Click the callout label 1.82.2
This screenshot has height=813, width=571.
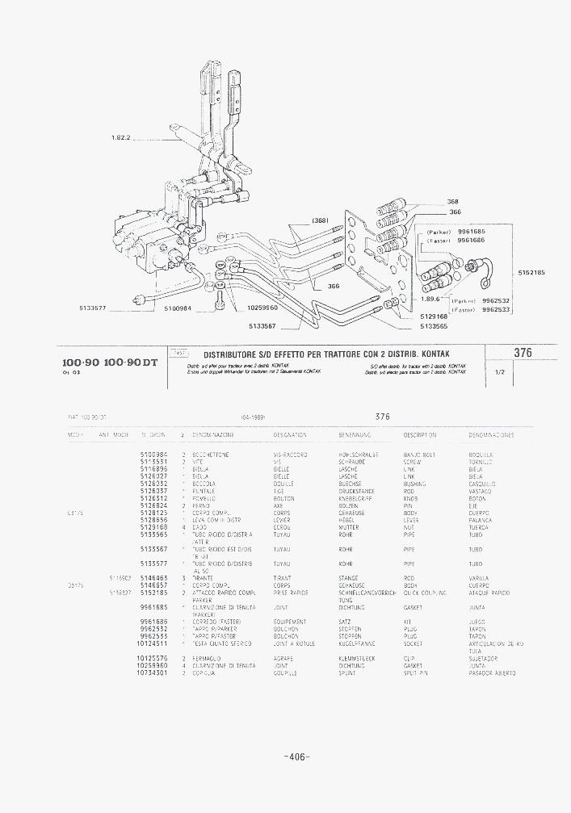pos(120,137)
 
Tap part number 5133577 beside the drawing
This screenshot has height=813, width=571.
pos(94,308)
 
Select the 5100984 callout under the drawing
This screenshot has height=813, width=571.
pos(177,308)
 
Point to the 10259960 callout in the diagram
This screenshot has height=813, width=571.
pos(262,308)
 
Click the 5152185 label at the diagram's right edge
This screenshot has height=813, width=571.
pos(531,272)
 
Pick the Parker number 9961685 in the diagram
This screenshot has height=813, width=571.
pos(471,232)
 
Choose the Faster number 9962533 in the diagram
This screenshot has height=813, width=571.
pos(495,310)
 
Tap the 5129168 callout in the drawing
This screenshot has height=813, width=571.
pos(434,317)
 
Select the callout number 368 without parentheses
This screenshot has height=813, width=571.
pos(452,202)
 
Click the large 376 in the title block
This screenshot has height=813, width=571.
pos(523,353)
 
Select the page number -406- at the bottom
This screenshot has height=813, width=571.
pos(297,756)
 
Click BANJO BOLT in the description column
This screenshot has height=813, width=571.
pos(418,455)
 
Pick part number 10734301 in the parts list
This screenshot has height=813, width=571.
pos(153,673)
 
